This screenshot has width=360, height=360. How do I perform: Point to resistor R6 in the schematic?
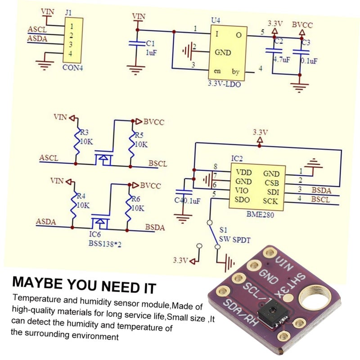point(130,208)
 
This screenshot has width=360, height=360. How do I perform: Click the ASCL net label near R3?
point(49,158)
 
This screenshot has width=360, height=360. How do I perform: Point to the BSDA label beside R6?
point(154,227)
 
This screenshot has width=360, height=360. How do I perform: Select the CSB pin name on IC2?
point(271,182)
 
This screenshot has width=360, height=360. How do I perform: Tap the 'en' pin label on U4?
point(217,72)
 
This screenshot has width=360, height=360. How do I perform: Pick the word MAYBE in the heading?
point(38,284)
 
